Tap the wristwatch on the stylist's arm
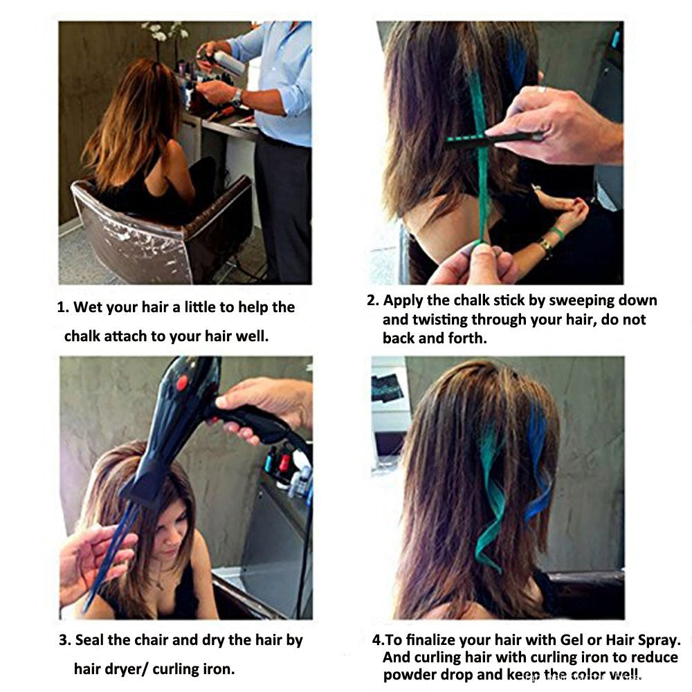click(x=237, y=97)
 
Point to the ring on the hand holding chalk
click(x=542, y=89)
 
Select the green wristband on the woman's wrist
click(x=557, y=233)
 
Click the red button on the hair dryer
click(x=182, y=383)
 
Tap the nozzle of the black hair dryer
click(x=142, y=486)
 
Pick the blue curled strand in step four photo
click(x=539, y=464)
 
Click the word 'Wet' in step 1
click(x=88, y=307)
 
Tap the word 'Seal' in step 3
click(x=89, y=640)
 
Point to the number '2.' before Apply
click(x=373, y=300)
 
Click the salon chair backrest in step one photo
click(x=132, y=247)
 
